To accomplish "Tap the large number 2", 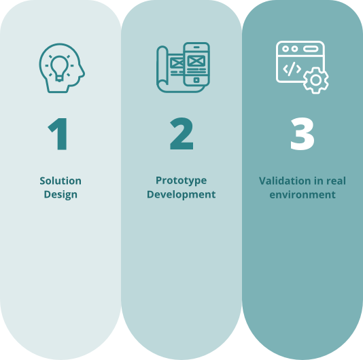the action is pyautogui.click(x=181, y=134).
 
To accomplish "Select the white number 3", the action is pyautogui.click(x=302, y=134).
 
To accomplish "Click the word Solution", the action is pyautogui.click(x=60, y=181).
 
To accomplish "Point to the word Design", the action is pyautogui.click(x=60, y=194).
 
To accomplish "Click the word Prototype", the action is pyautogui.click(x=181, y=181).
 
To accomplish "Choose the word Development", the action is pyautogui.click(x=181, y=194).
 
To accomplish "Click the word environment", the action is pyautogui.click(x=302, y=195).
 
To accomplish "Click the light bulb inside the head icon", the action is pyautogui.click(x=59, y=69).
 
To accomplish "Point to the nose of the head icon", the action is pyautogui.click(x=82, y=72).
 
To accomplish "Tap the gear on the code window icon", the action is pyautogui.click(x=316, y=80).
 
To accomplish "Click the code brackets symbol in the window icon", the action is pyautogui.click(x=292, y=69).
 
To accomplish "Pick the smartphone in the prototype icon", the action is pyautogui.click(x=196, y=64).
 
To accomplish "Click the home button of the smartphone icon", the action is pyautogui.click(x=196, y=80).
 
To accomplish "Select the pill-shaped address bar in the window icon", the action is pyautogui.click(x=311, y=49).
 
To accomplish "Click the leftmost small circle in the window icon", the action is pyautogui.click(x=286, y=49).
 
